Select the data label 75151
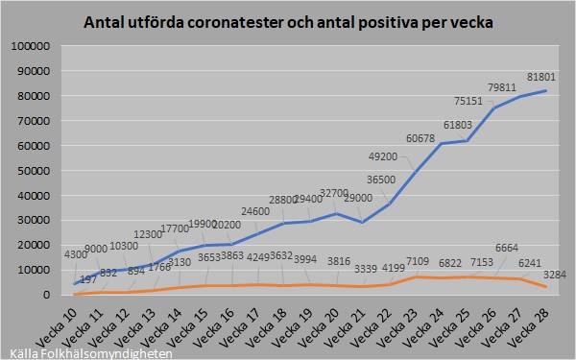point(470,101)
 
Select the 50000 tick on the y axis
point(35,170)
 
